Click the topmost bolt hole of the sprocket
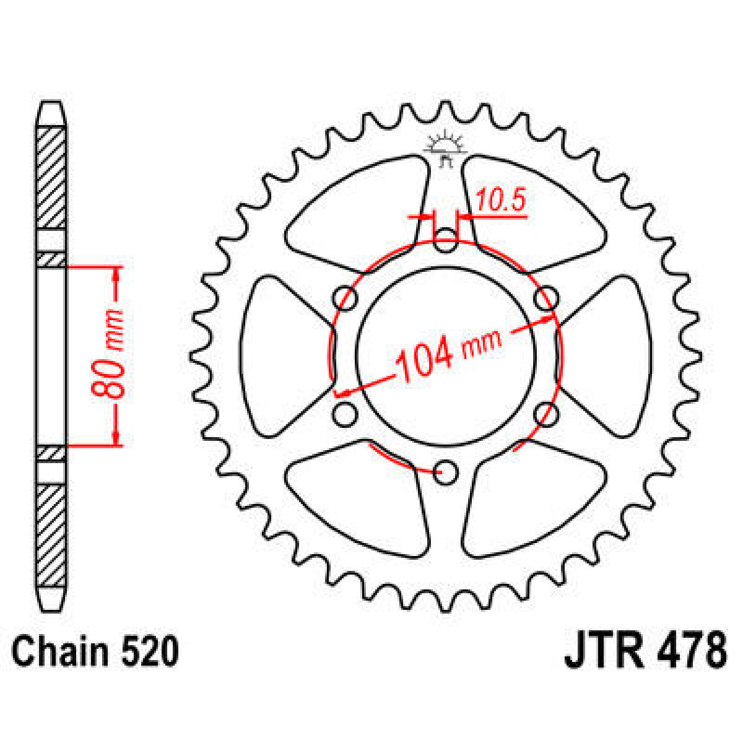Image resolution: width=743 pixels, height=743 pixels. coord(445,241)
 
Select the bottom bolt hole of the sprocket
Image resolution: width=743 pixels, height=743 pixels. coord(445,474)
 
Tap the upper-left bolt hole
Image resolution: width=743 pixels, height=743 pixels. coord(345,299)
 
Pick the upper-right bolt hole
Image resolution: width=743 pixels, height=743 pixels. coord(545,299)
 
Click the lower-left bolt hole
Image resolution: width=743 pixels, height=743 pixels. coord(344,414)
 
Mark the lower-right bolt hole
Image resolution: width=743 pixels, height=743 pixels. coord(545,414)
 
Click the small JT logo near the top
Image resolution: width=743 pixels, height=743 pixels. coord(445,149)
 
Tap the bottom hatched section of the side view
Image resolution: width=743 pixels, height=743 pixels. coord(51,536)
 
